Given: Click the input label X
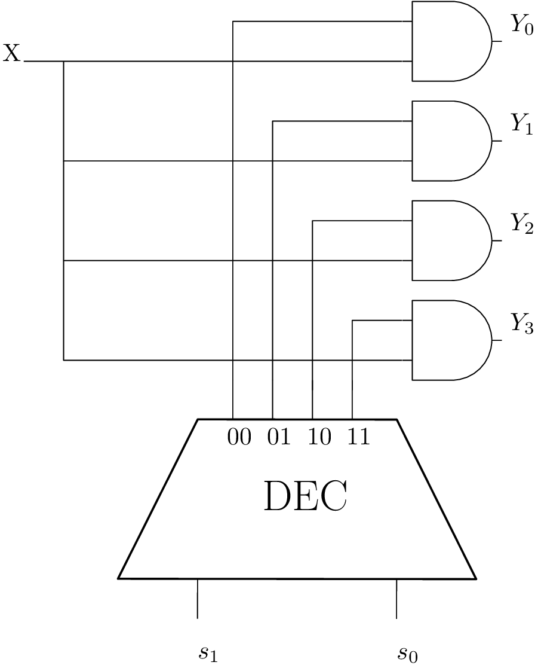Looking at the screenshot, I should tap(11, 54).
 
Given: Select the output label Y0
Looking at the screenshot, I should tap(521, 26).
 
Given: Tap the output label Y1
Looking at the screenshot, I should tap(521, 125).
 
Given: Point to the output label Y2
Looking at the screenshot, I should tap(521, 225).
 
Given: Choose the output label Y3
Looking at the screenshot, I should tap(521, 325).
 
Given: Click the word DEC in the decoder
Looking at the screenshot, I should tap(305, 497).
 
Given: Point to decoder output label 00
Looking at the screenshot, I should tap(239, 438).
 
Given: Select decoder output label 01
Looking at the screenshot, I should tap(279, 438).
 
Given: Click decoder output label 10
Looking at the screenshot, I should tap(319, 438).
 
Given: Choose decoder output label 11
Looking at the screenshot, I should tap(358, 438).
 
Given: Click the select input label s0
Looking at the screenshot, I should tap(407, 654).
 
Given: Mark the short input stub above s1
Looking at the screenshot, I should tap(198, 598).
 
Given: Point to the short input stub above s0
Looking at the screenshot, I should tap(396, 598).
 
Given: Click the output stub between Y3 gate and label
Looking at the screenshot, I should tap(497, 340).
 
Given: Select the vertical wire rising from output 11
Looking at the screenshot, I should tap(352, 371).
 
